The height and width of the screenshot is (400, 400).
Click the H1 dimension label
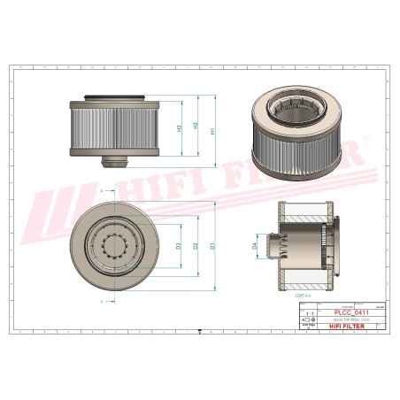click(x=212, y=130)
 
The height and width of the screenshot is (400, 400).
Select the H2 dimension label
click(x=196, y=126)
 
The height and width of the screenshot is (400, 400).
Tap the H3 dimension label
click(x=181, y=128)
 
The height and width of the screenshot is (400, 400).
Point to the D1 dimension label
click(x=212, y=245)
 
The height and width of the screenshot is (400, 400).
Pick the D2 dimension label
click(x=196, y=245)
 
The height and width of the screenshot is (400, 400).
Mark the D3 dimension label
click(x=180, y=245)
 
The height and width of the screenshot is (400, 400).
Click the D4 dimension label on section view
click(x=254, y=245)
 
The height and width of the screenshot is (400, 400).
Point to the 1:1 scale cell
click(x=308, y=313)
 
